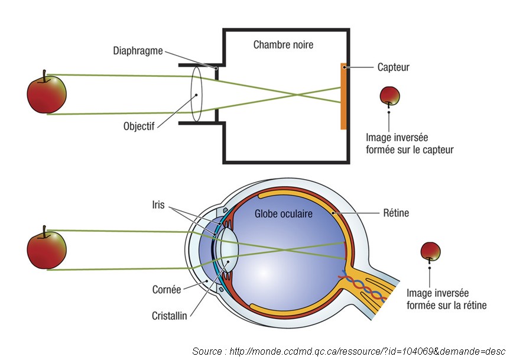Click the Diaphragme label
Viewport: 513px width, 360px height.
137,50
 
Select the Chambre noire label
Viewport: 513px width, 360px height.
283,44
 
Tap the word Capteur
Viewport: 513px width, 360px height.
393,67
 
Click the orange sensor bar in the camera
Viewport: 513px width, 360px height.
343,96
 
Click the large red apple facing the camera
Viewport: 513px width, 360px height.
47,93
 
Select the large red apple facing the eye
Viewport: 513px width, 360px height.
47,249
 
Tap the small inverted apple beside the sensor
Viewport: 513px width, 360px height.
389,95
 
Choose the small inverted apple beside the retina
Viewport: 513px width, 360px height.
430,251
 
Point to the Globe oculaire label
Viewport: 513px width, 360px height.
284,213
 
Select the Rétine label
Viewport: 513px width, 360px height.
396,213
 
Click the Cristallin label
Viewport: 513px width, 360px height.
168,316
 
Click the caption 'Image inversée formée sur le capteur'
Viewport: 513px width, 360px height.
410,144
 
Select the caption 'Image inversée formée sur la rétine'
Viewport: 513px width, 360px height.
447,299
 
